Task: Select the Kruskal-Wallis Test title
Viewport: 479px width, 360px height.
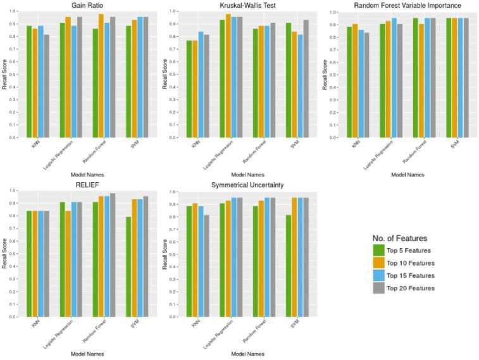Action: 247,6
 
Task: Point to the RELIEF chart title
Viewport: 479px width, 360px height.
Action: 87,185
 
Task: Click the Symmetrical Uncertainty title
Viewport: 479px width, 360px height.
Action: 247,185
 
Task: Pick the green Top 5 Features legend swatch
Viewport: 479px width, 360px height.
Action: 378,250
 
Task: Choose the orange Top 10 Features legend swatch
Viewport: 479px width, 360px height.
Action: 378,263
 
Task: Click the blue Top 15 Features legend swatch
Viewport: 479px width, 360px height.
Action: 378,275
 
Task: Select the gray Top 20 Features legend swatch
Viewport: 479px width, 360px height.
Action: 378,288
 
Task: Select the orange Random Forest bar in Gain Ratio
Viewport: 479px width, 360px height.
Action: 101,75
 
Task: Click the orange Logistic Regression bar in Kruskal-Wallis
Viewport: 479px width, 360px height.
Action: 228,75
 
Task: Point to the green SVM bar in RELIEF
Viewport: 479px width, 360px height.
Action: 129,266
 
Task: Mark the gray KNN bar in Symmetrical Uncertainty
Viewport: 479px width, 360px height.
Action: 206,265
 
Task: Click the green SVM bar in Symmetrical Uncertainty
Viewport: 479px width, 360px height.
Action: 289,265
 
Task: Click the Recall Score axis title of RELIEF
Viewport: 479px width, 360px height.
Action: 5,253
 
